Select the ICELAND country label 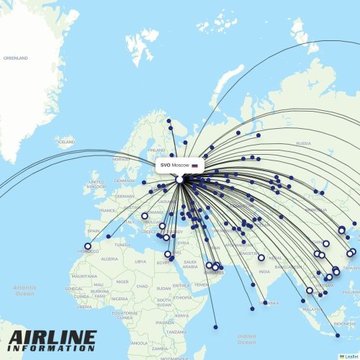coord(66,143)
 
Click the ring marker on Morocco coord(88,246)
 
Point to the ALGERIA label coord(110,258)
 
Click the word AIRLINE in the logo coord(53,337)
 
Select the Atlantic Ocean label coord(24,290)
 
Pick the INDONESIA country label coord(345,323)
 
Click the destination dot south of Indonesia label coord(338,335)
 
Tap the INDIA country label coord(264,271)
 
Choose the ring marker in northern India coord(261,257)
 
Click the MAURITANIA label coord(84,276)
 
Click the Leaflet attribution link coord(351,356)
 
